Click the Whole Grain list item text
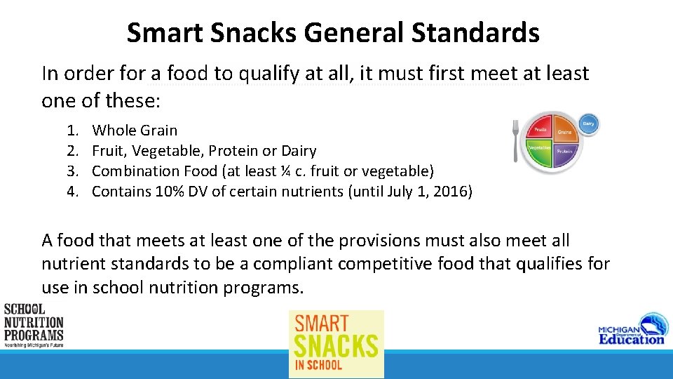pos(135,130)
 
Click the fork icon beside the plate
pos(515,140)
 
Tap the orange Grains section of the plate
pos(565,131)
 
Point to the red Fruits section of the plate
pos(542,130)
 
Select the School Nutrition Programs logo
pos(33,326)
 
